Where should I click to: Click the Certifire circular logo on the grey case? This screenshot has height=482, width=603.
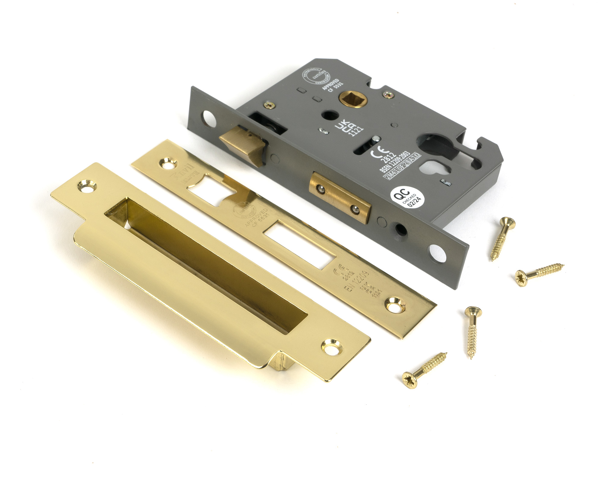click(x=314, y=75)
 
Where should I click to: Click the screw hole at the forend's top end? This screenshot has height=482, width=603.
click(x=208, y=118)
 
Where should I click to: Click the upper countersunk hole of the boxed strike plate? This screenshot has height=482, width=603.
click(x=87, y=186)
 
